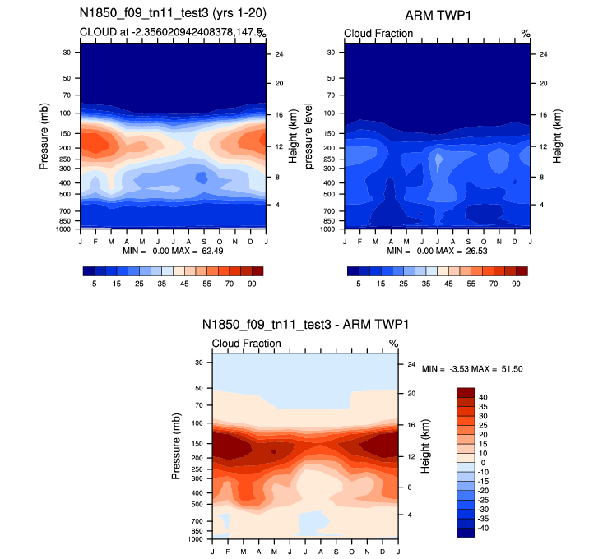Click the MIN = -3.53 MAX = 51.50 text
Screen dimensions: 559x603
click(x=473, y=370)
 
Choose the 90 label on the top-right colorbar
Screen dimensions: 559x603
click(x=516, y=282)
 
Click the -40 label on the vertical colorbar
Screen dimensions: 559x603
click(x=483, y=528)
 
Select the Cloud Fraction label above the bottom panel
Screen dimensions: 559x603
click(x=246, y=343)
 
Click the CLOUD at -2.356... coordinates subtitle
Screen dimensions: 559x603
click(x=169, y=33)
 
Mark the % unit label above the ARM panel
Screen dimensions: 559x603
click(x=525, y=33)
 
